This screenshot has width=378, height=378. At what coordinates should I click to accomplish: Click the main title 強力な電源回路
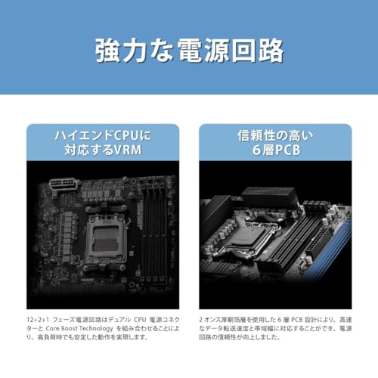[189, 50]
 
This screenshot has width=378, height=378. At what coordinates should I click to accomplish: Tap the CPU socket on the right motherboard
[250, 240]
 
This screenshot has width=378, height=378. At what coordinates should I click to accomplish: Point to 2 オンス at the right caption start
[213, 320]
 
